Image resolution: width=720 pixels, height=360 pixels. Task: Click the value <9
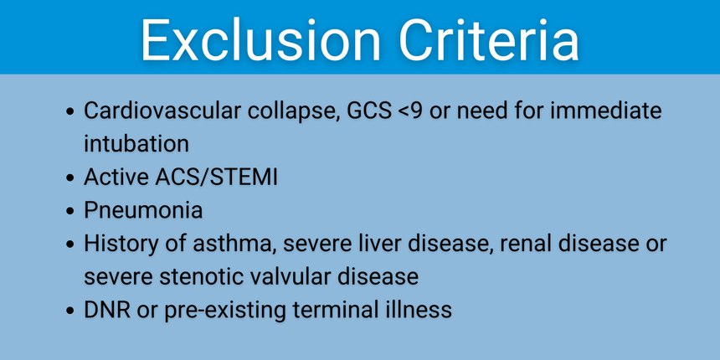409,111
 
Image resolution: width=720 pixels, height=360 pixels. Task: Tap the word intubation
136,144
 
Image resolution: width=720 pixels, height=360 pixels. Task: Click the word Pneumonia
143,211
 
